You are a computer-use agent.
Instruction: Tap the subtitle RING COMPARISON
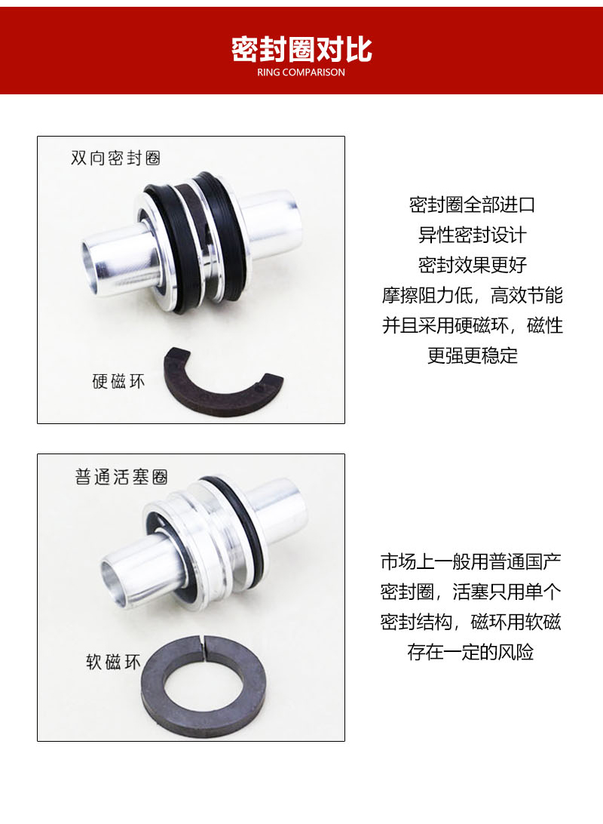tap(301, 73)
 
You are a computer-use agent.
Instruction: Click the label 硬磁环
tap(118, 380)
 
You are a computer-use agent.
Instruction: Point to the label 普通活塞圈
tap(121, 478)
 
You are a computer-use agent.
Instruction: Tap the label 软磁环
tap(114, 663)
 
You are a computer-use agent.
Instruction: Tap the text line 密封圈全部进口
tap(472, 204)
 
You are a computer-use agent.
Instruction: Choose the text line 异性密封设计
tap(472, 235)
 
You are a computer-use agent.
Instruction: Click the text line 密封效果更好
tap(472, 265)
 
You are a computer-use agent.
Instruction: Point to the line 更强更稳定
tap(472, 355)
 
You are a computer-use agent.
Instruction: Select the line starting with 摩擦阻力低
tap(472, 295)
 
